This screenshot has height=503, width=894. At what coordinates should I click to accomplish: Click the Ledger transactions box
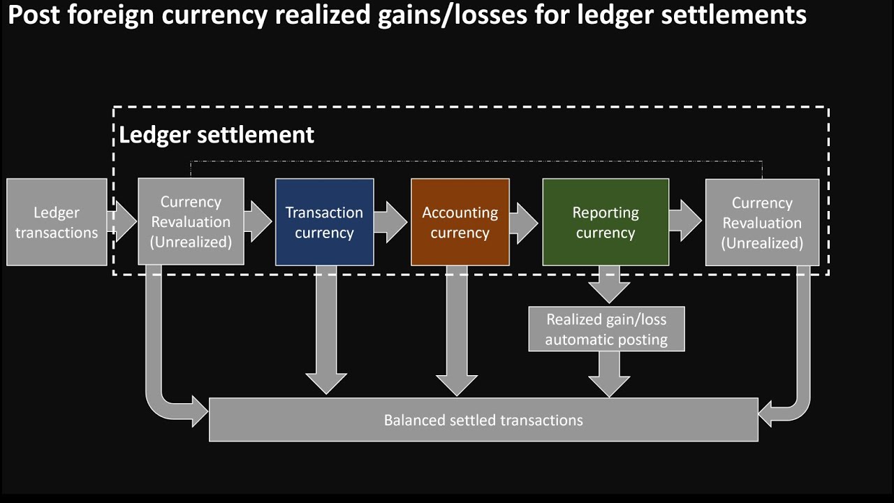(x=57, y=222)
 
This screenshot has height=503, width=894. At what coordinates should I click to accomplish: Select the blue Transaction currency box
(x=324, y=222)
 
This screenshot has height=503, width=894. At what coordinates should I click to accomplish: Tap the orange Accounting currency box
(x=460, y=222)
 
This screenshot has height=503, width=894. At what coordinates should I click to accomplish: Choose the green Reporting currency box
(x=606, y=222)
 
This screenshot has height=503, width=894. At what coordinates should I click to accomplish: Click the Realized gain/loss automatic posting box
(x=606, y=329)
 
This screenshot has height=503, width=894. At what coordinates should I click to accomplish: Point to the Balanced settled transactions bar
(x=483, y=420)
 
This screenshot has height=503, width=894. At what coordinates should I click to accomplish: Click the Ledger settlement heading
(x=217, y=134)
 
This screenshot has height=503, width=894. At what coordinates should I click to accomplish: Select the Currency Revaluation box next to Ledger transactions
(x=191, y=222)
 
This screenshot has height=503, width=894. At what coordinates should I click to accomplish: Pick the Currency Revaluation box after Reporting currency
(x=762, y=222)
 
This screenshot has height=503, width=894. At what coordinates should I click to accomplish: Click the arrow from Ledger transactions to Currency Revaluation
(x=123, y=222)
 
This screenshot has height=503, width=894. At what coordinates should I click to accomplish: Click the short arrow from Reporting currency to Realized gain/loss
(x=609, y=284)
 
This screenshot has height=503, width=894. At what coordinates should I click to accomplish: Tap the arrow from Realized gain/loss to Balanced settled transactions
(x=609, y=374)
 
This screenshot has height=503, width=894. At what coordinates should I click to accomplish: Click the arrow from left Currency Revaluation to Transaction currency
(x=258, y=221)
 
